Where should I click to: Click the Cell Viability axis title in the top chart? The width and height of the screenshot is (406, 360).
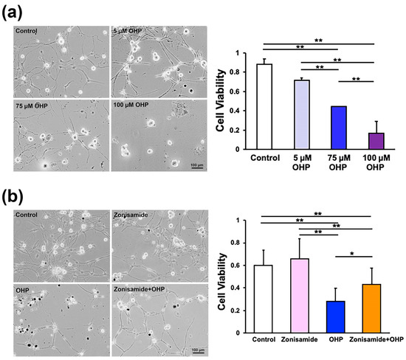coord(221,101)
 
